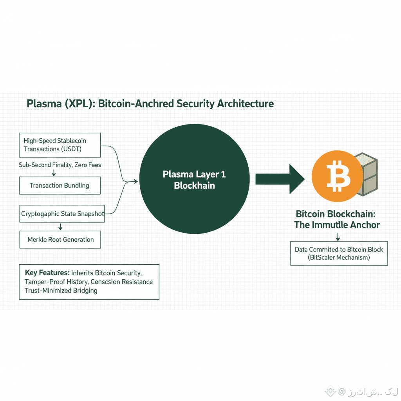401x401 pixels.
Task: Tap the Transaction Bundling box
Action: (60, 186)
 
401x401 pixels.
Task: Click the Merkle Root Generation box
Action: (60, 239)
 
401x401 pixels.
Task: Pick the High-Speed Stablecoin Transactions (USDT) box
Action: (60, 145)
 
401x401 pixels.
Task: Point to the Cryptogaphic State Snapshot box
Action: (62, 214)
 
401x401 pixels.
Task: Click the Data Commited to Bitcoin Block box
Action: (339, 253)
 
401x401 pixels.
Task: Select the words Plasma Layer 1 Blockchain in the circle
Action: (194, 180)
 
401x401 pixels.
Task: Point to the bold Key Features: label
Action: (47, 273)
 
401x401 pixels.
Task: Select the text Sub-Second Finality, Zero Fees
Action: (60, 165)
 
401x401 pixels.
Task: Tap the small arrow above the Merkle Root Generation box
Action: (60, 227)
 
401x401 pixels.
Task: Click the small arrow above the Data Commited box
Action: (338, 237)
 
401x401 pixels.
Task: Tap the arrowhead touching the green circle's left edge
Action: (136, 181)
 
